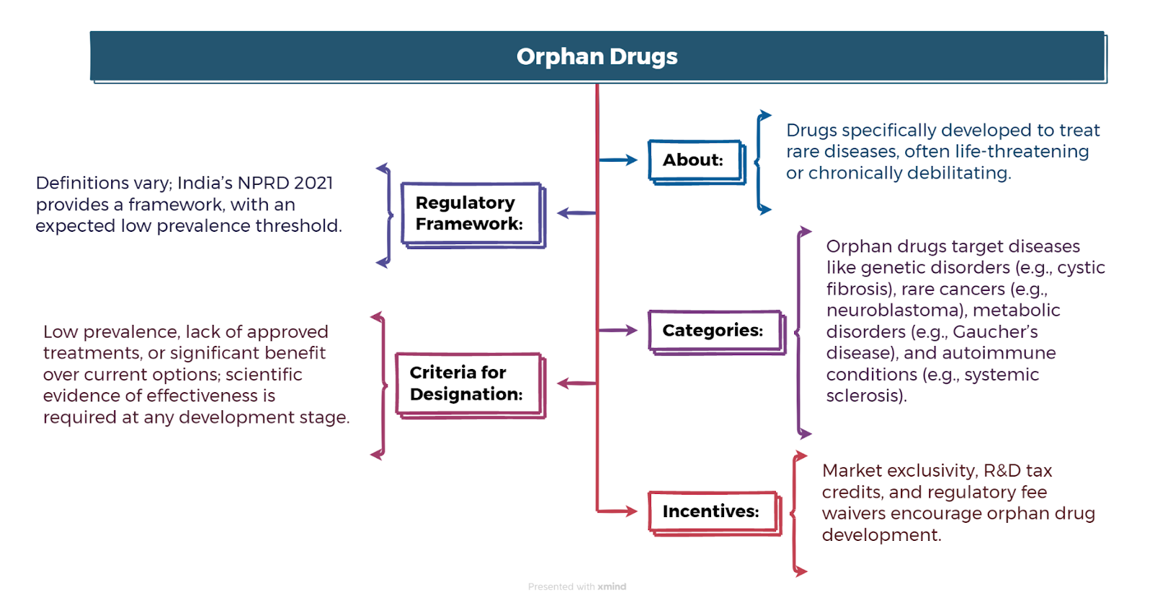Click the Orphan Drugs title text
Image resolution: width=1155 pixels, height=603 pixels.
pyautogui.click(x=596, y=56)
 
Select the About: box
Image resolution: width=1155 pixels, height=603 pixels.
pyautogui.click(x=697, y=162)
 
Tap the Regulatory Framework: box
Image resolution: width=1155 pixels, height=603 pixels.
pyautogui.click(x=474, y=215)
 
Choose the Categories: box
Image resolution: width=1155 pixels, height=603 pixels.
pyautogui.click(x=717, y=332)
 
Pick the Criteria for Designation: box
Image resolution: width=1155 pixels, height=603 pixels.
pyautogui.click(x=470, y=386)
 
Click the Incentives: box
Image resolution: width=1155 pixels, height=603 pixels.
pyautogui.click(x=715, y=513)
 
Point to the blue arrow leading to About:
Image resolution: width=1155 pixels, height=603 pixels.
pyautogui.click(x=618, y=160)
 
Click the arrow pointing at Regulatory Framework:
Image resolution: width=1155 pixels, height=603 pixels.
pyautogui.click(x=577, y=212)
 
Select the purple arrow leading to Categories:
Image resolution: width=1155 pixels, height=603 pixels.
pyautogui.click(x=618, y=330)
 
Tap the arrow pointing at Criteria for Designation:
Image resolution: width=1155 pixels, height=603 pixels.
pyautogui.click(x=577, y=383)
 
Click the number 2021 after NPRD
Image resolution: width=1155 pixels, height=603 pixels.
pyautogui.click(x=313, y=183)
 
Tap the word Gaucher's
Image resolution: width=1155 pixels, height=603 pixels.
pyautogui.click(x=995, y=331)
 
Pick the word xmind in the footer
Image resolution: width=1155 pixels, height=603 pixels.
pyautogui.click(x=612, y=586)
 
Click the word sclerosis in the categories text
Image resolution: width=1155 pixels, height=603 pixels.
pyautogui.click(x=866, y=396)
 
